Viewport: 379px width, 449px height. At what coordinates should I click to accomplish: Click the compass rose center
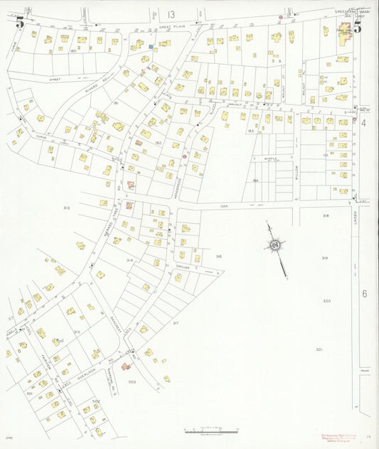274,245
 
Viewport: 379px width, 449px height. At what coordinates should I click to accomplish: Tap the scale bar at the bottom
211,431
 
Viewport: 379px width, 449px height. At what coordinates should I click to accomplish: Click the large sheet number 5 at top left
20,23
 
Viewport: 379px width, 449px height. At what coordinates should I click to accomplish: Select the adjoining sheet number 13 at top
171,14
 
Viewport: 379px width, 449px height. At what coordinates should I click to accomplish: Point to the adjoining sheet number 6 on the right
363,293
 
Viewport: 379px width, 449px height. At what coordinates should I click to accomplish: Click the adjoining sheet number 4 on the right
363,123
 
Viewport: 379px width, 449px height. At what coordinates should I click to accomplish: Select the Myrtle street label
269,158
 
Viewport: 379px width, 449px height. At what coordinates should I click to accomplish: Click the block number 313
66,208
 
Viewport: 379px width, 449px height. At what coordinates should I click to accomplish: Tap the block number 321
319,350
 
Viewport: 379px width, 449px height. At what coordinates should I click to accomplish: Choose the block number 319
324,258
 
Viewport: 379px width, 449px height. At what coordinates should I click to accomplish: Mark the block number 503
132,382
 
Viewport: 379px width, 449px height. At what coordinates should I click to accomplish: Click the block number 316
218,256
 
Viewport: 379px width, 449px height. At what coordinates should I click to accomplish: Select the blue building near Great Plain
151,47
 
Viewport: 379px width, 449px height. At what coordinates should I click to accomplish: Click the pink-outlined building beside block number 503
127,367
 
